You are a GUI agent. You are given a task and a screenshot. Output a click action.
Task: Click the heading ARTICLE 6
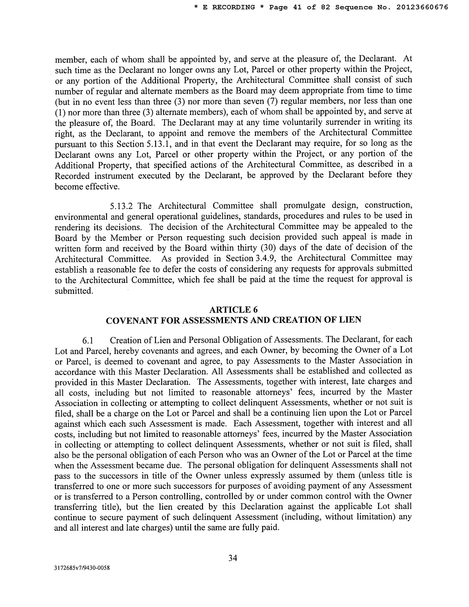click(x=234, y=309)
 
